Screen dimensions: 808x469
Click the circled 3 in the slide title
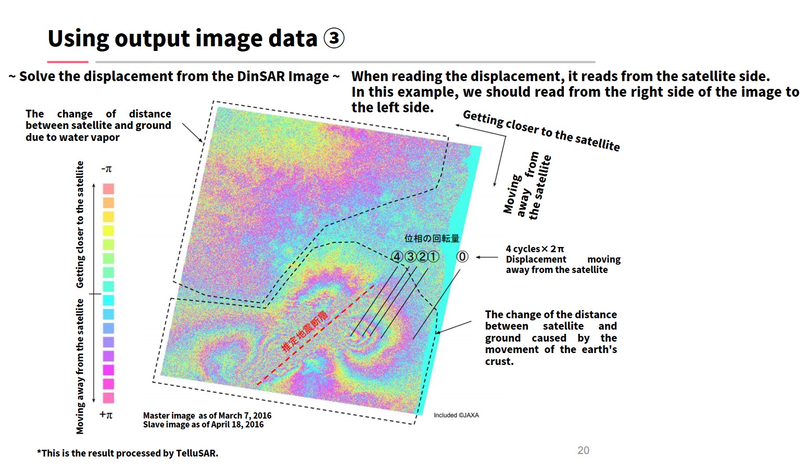click(x=334, y=38)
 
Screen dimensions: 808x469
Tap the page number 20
click(x=583, y=450)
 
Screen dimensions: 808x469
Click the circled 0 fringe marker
click(x=462, y=257)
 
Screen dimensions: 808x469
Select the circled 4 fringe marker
click(x=397, y=257)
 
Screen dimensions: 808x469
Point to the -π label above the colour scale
click(x=106, y=169)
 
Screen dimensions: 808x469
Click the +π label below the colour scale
click(x=106, y=414)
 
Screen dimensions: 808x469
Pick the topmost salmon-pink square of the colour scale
click(x=109, y=189)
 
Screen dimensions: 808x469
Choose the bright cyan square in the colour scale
click(x=109, y=300)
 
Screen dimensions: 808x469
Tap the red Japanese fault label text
click(x=305, y=331)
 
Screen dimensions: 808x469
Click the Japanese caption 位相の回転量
click(x=432, y=239)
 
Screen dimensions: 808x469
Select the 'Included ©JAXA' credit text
click(x=456, y=415)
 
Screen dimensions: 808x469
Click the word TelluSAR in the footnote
click(x=196, y=453)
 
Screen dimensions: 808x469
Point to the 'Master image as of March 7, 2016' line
click(x=207, y=415)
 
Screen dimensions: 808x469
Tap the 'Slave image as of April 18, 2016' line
click(x=203, y=424)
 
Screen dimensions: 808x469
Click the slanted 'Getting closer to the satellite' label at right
click(x=541, y=131)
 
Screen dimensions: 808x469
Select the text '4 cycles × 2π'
click(x=535, y=249)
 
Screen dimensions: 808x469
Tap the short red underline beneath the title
click(x=68, y=62)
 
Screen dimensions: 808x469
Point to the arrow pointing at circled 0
click(x=487, y=257)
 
